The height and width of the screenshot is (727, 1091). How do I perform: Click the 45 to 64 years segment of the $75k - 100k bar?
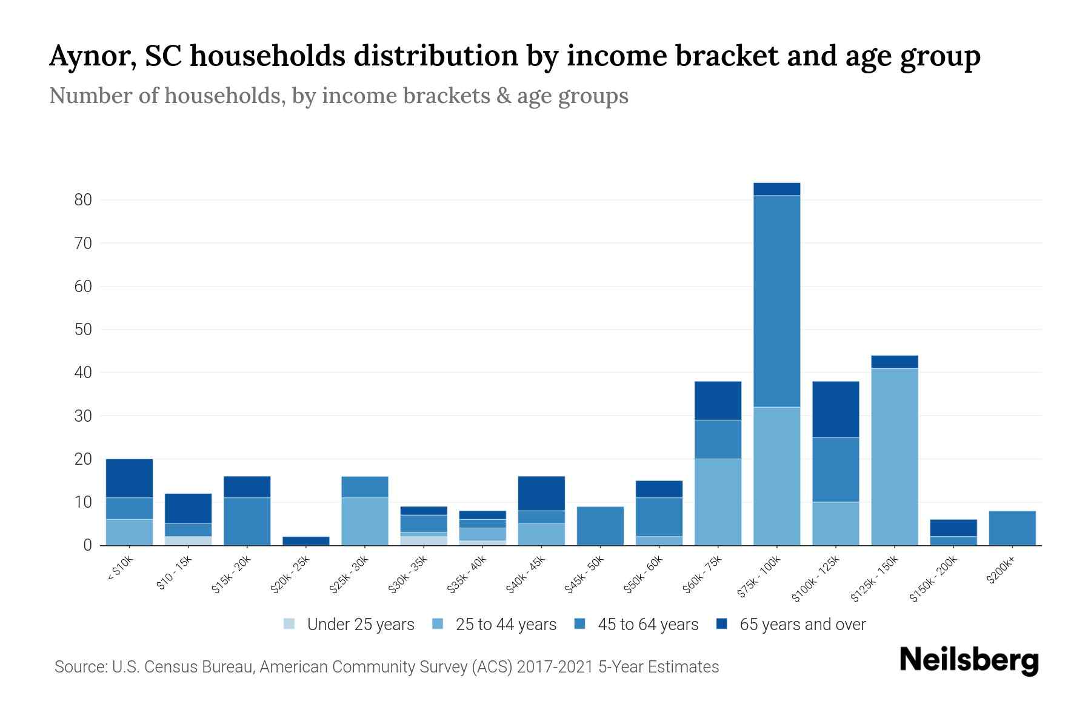776,301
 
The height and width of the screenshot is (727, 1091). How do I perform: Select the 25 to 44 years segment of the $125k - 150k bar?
894,457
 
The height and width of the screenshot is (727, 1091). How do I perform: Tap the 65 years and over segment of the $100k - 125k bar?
835,409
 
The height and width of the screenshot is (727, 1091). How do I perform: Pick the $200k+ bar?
1012,528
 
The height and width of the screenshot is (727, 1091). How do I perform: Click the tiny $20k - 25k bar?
306,540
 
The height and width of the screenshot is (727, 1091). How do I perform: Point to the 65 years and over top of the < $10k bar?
129,478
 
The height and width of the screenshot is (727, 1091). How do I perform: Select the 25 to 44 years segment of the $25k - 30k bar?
365,521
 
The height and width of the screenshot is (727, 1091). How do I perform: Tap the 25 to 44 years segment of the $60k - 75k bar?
718,502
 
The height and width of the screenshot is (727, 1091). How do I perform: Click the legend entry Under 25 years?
360,625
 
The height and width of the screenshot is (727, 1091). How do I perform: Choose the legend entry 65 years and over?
802,625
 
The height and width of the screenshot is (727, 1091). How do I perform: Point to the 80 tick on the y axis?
82,200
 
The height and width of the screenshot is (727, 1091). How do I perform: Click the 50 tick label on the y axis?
82,330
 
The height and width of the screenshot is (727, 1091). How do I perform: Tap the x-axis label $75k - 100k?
759,578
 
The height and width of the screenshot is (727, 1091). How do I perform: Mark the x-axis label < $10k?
120,569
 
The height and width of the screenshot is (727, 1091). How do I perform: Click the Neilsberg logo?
969,660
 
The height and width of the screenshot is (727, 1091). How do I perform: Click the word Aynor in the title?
88,56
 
